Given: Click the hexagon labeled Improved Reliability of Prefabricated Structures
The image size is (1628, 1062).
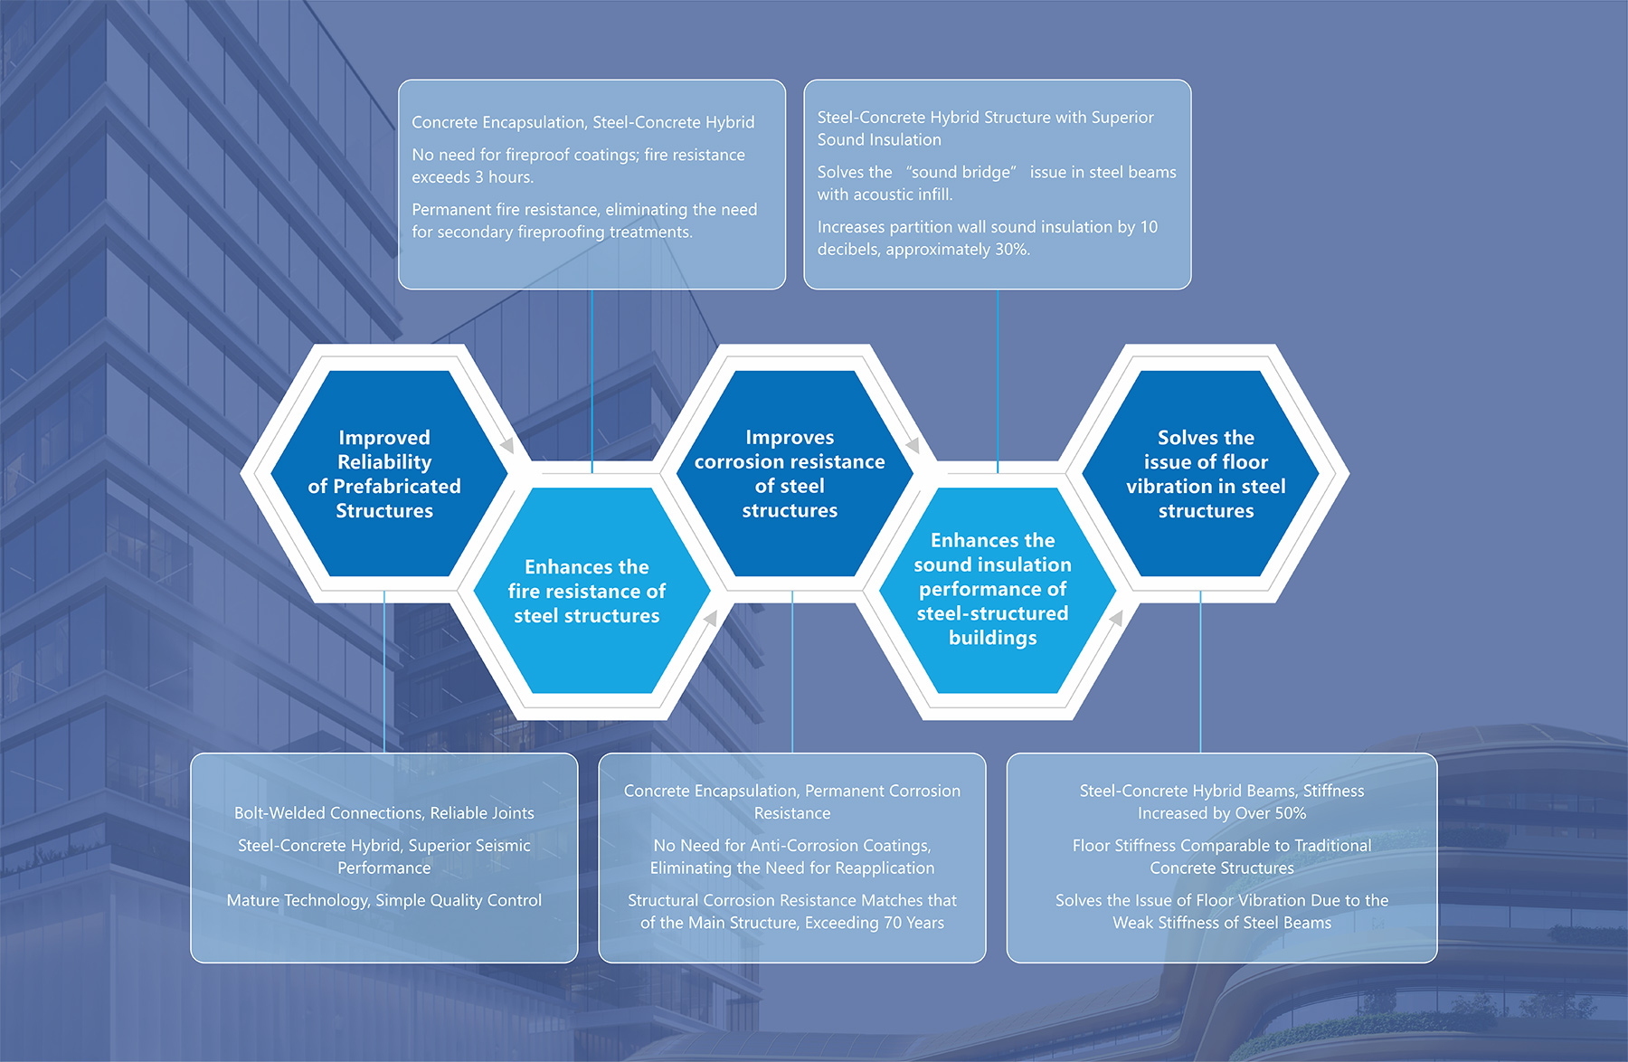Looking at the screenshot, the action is (384, 473).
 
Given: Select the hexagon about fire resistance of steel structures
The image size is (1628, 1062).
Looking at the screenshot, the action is (587, 591).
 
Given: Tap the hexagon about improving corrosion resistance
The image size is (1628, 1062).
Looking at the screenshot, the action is (790, 473).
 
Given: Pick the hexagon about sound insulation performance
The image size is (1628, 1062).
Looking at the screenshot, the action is (992, 591).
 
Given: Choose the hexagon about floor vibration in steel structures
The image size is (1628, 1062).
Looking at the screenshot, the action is (1206, 473).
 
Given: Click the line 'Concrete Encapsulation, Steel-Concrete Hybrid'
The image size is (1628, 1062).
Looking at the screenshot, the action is (582, 122).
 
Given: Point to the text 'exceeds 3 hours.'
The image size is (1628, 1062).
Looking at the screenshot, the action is (473, 177).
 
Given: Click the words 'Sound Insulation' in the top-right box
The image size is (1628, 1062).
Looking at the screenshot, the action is (879, 139).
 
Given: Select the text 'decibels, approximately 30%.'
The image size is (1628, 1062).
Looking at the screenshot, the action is (923, 249).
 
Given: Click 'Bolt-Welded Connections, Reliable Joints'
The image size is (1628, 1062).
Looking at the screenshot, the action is (384, 812).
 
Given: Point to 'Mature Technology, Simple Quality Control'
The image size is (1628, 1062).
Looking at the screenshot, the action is (384, 900).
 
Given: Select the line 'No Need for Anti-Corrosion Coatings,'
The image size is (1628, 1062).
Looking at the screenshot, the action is (792, 845).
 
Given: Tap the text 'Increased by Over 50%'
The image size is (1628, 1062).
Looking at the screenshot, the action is (1222, 812).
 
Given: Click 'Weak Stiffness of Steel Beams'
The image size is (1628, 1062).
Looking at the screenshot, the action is (1222, 923).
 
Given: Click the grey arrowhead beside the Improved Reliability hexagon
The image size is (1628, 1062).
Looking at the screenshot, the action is (507, 445).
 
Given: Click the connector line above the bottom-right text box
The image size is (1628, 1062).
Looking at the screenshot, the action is (1200, 672).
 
